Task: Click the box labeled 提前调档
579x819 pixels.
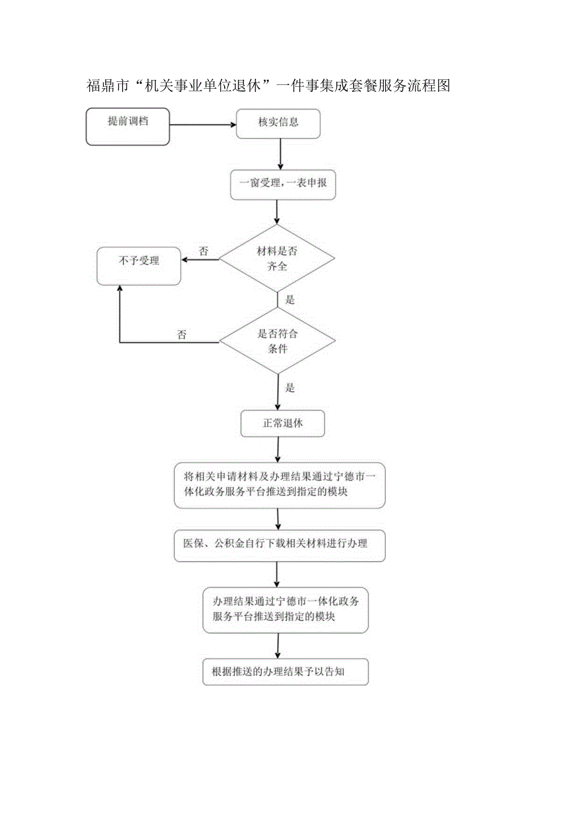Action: pos(128,126)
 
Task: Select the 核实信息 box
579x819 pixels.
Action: pos(278,123)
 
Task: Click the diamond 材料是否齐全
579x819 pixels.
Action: pos(278,258)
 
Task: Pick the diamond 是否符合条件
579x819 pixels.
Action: pos(278,341)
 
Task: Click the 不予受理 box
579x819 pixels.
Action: pos(138,266)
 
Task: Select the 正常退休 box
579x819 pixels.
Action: pos(282,424)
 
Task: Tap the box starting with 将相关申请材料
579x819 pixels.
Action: pos(279,485)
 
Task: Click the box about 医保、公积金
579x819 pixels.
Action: pos(279,545)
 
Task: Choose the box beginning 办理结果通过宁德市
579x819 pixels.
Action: pos(286,609)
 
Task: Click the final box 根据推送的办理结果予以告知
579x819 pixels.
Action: pos(285,672)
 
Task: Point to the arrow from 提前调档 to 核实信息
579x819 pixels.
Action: pos(202,125)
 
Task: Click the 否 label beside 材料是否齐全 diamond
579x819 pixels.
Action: pos(203,251)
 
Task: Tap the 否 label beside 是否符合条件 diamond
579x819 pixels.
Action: pos(181,335)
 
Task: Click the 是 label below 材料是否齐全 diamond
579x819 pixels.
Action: pos(290,300)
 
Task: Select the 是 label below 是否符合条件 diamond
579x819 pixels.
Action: pos(290,388)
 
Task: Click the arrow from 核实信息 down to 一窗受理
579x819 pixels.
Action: pos(280,154)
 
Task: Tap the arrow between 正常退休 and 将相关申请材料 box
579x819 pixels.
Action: pos(278,449)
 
